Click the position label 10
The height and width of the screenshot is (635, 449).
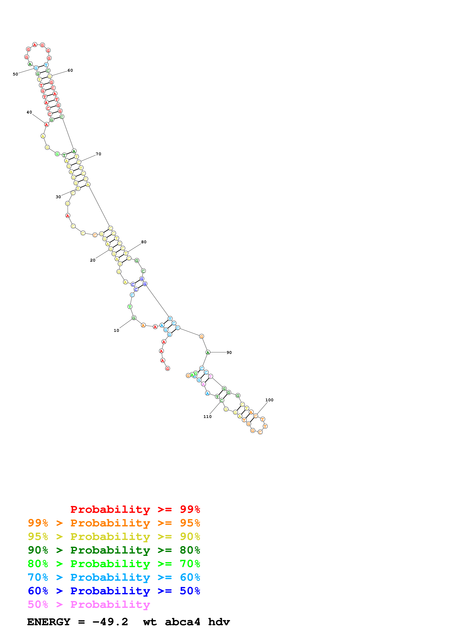(x=116, y=330)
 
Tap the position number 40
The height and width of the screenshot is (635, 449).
(x=29, y=112)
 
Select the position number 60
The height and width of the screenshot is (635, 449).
(x=70, y=70)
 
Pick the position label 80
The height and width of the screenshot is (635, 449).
(x=144, y=242)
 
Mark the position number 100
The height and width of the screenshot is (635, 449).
(x=269, y=400)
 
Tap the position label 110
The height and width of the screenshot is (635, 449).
(x=207, y=417)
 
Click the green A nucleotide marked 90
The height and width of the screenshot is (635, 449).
(x=208, y=352)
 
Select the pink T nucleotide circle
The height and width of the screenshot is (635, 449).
(x=210, y=376)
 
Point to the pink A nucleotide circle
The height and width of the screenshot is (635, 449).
(x=203, y=384)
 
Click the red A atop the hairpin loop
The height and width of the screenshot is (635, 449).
(x=35, y=45)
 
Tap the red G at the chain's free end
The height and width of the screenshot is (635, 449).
(x=167, y=368)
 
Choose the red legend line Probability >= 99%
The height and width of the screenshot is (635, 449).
(x=135, y=509)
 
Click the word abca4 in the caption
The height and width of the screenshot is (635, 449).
(x=182, y=622)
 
